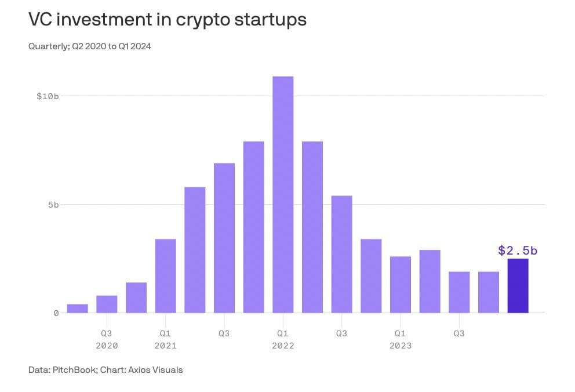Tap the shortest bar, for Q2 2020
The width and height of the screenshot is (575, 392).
[77, 308]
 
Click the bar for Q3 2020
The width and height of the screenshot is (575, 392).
[107, 304]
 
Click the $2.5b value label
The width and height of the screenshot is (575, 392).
[518, 251]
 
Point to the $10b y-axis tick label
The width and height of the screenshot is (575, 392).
[48, 96]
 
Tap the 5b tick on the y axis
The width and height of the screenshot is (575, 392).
[53, 205]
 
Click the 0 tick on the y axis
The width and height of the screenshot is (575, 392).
[56, 313]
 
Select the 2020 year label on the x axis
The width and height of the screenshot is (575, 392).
[107, 346]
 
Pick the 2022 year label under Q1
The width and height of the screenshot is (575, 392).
[283, 346]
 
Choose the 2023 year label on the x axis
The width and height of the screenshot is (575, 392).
[401, 346]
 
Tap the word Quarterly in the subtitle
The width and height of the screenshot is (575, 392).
[48, 46]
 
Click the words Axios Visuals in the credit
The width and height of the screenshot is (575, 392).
[157, 369]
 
